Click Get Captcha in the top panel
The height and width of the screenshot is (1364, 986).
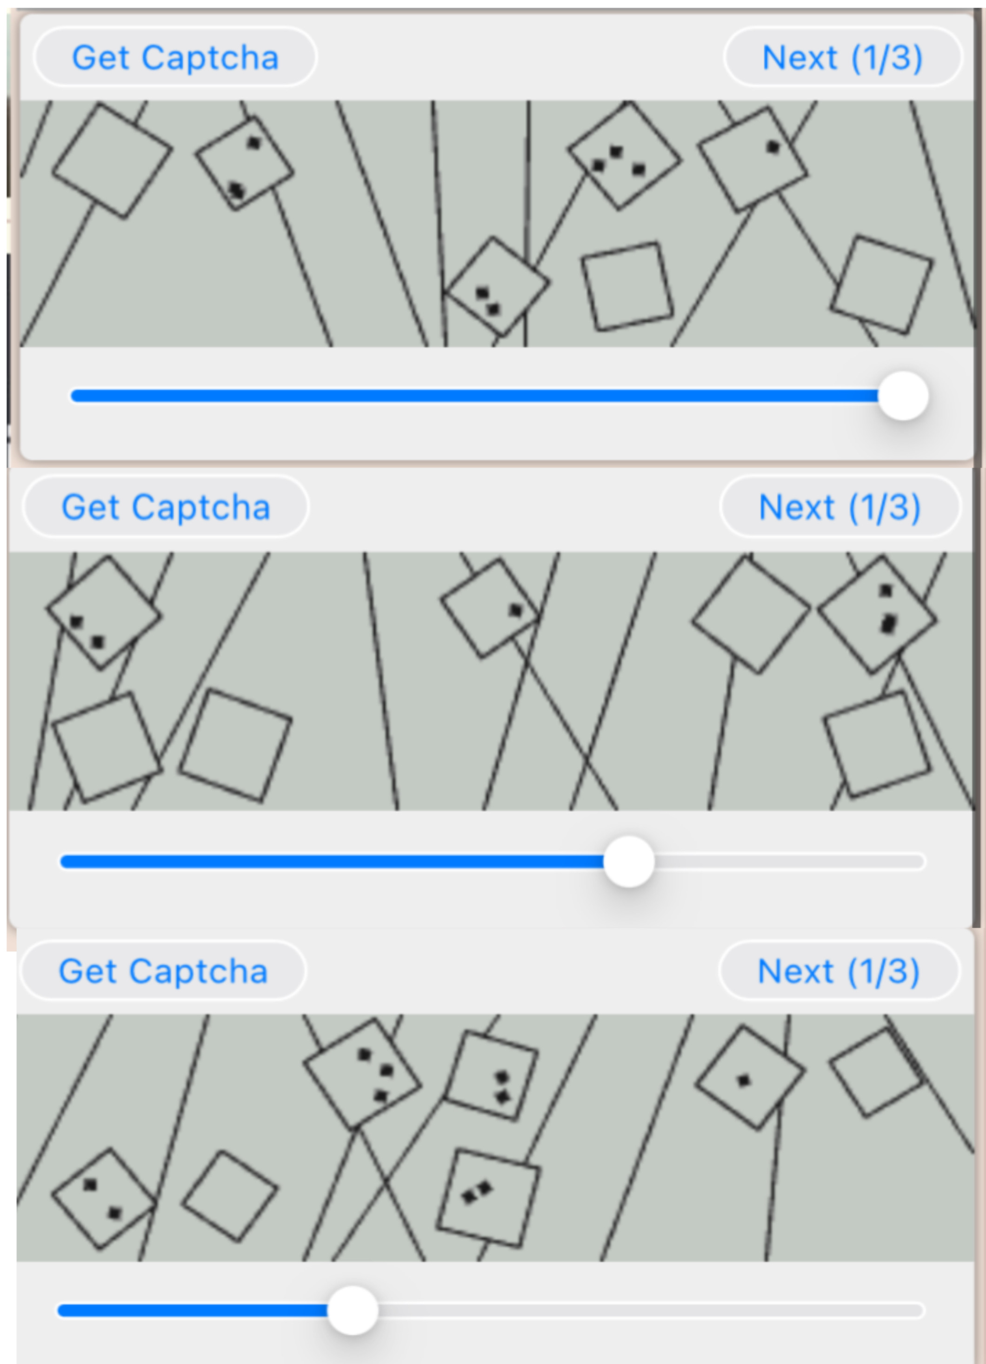(x=175, y=58)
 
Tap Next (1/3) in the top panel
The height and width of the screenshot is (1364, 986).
(x=842, y=58)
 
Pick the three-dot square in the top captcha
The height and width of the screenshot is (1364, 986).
(x=625, y=155)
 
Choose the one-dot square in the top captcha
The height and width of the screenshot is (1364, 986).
(x=753, y=160)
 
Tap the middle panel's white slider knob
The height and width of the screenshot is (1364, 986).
(x=629, y=861)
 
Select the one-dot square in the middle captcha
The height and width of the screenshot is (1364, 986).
(x=490, y=609)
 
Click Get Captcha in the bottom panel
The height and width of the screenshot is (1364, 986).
(x=163, y=971)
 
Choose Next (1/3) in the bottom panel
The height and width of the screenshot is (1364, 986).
(x=839, y=971)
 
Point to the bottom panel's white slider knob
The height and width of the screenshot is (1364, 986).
(x=353, y=1311)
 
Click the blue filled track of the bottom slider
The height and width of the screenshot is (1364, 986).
(x=193, y=1311)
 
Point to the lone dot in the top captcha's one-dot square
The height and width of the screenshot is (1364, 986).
(x=773, y=147)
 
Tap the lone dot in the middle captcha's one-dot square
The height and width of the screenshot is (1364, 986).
(x=516, y=610)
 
